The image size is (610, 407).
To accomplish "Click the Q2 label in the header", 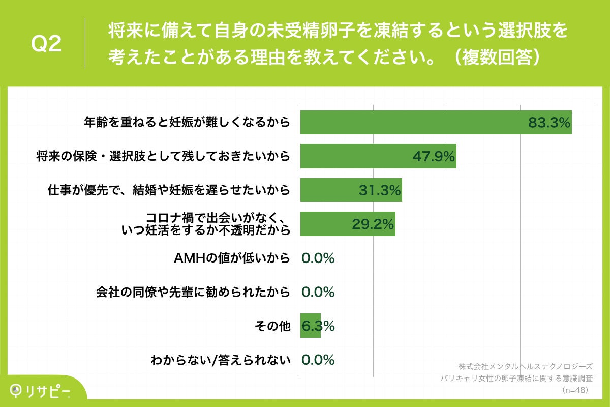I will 47,44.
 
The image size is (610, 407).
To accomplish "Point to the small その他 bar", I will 310,326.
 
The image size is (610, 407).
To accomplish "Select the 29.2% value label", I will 373,224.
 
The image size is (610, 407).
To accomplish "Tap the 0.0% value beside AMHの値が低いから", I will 318,258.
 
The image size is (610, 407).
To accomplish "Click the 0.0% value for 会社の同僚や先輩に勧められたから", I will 318,292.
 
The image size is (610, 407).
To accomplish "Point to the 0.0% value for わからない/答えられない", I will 318,360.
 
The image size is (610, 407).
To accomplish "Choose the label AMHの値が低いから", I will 232,258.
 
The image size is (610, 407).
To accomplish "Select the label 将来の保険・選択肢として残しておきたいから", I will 163,156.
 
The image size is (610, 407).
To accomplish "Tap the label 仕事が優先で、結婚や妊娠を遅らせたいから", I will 169,190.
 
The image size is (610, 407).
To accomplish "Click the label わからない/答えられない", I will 221,360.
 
